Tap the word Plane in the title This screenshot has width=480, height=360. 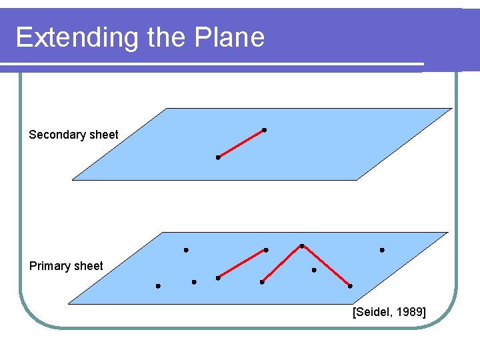coord(230,37)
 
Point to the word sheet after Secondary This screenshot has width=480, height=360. coord(104,135)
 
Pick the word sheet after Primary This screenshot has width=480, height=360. coord(89,266)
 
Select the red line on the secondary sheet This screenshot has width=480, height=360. coord(241,143)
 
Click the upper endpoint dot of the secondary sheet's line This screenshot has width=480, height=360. coord(264,129)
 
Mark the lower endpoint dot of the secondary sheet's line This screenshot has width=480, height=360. coord(218,157)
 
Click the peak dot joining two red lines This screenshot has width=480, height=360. coord(302,246)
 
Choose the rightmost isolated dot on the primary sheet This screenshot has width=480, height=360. coord(382,250)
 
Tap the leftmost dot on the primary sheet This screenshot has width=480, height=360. coord(158,286)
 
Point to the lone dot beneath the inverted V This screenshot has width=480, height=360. coord(314,270)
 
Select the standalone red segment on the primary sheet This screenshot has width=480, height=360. coord(242,264)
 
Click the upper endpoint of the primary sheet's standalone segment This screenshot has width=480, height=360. coord(266,250)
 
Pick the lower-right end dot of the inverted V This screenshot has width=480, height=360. coord(350,286)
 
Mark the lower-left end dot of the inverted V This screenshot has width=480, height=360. coord(262,282)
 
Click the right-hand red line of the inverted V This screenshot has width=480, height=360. coord(326,266)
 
